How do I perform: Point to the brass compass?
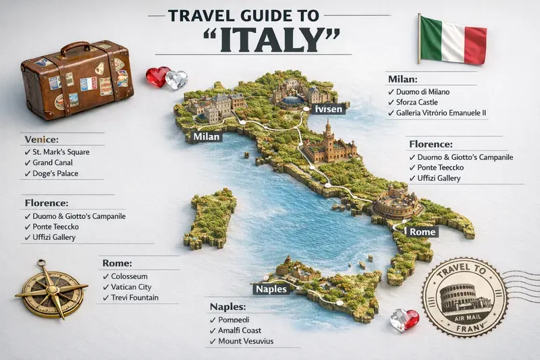51,290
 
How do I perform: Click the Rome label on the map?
419,232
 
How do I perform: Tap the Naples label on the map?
272,289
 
